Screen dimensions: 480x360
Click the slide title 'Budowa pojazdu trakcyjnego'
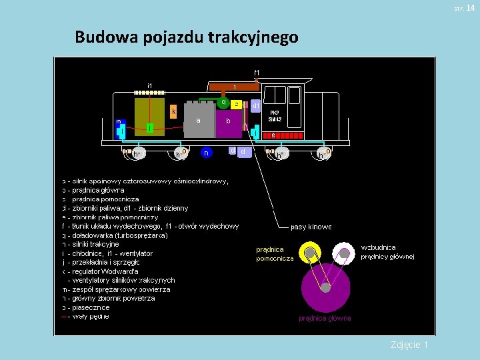186,37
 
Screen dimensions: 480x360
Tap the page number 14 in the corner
470,7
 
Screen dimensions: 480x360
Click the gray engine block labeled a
199,120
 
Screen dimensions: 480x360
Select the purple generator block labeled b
229,122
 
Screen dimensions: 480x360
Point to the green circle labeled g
223,102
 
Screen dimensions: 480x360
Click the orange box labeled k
173,112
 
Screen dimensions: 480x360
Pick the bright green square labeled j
151,127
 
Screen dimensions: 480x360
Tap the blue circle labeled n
207,153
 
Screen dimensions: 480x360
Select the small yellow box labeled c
237,104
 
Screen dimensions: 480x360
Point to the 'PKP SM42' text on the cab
275,116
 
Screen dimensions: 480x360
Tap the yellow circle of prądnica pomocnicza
309,253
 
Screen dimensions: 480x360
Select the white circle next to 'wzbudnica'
344,253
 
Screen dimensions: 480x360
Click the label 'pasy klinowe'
311,227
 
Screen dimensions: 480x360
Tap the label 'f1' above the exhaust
257,72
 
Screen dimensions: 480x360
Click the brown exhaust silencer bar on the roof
233,87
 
